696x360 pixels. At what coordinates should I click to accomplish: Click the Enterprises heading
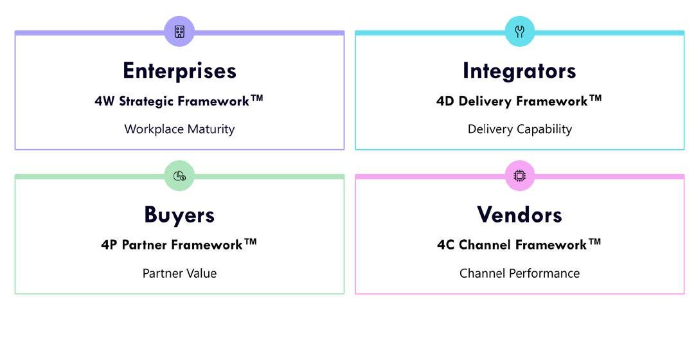(x=179, y=70)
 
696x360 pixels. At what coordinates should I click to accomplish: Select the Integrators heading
(x=519, y=70)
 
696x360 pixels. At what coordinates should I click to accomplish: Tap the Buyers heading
(x=179, y=214)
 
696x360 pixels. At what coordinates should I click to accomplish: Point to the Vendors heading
(x=519, y=214)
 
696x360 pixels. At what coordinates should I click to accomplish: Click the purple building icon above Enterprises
(x=179, y=32)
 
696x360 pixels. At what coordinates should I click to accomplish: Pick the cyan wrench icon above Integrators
(x=519, y=32)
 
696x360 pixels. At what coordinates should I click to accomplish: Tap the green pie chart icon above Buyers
(x=179, y=175)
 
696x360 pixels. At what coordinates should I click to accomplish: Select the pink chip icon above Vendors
(x=519, y=175)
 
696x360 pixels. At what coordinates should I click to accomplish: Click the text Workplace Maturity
(x=179, y=129)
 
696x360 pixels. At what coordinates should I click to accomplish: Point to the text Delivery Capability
(x=519, y=129)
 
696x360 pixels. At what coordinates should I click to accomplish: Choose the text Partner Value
(x=179, y=273)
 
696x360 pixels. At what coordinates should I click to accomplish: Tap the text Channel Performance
(x=519, y=273)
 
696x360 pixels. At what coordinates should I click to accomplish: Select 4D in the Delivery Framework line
(x=445, y=101)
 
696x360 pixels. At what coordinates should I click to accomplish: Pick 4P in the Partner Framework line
(x=109, y=245)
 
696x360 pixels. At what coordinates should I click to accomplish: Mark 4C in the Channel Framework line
(x=446, y=245)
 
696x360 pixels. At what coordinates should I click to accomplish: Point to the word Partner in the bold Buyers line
(x=145, y=245)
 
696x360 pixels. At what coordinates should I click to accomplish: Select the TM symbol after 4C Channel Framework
(x=594, y=242)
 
